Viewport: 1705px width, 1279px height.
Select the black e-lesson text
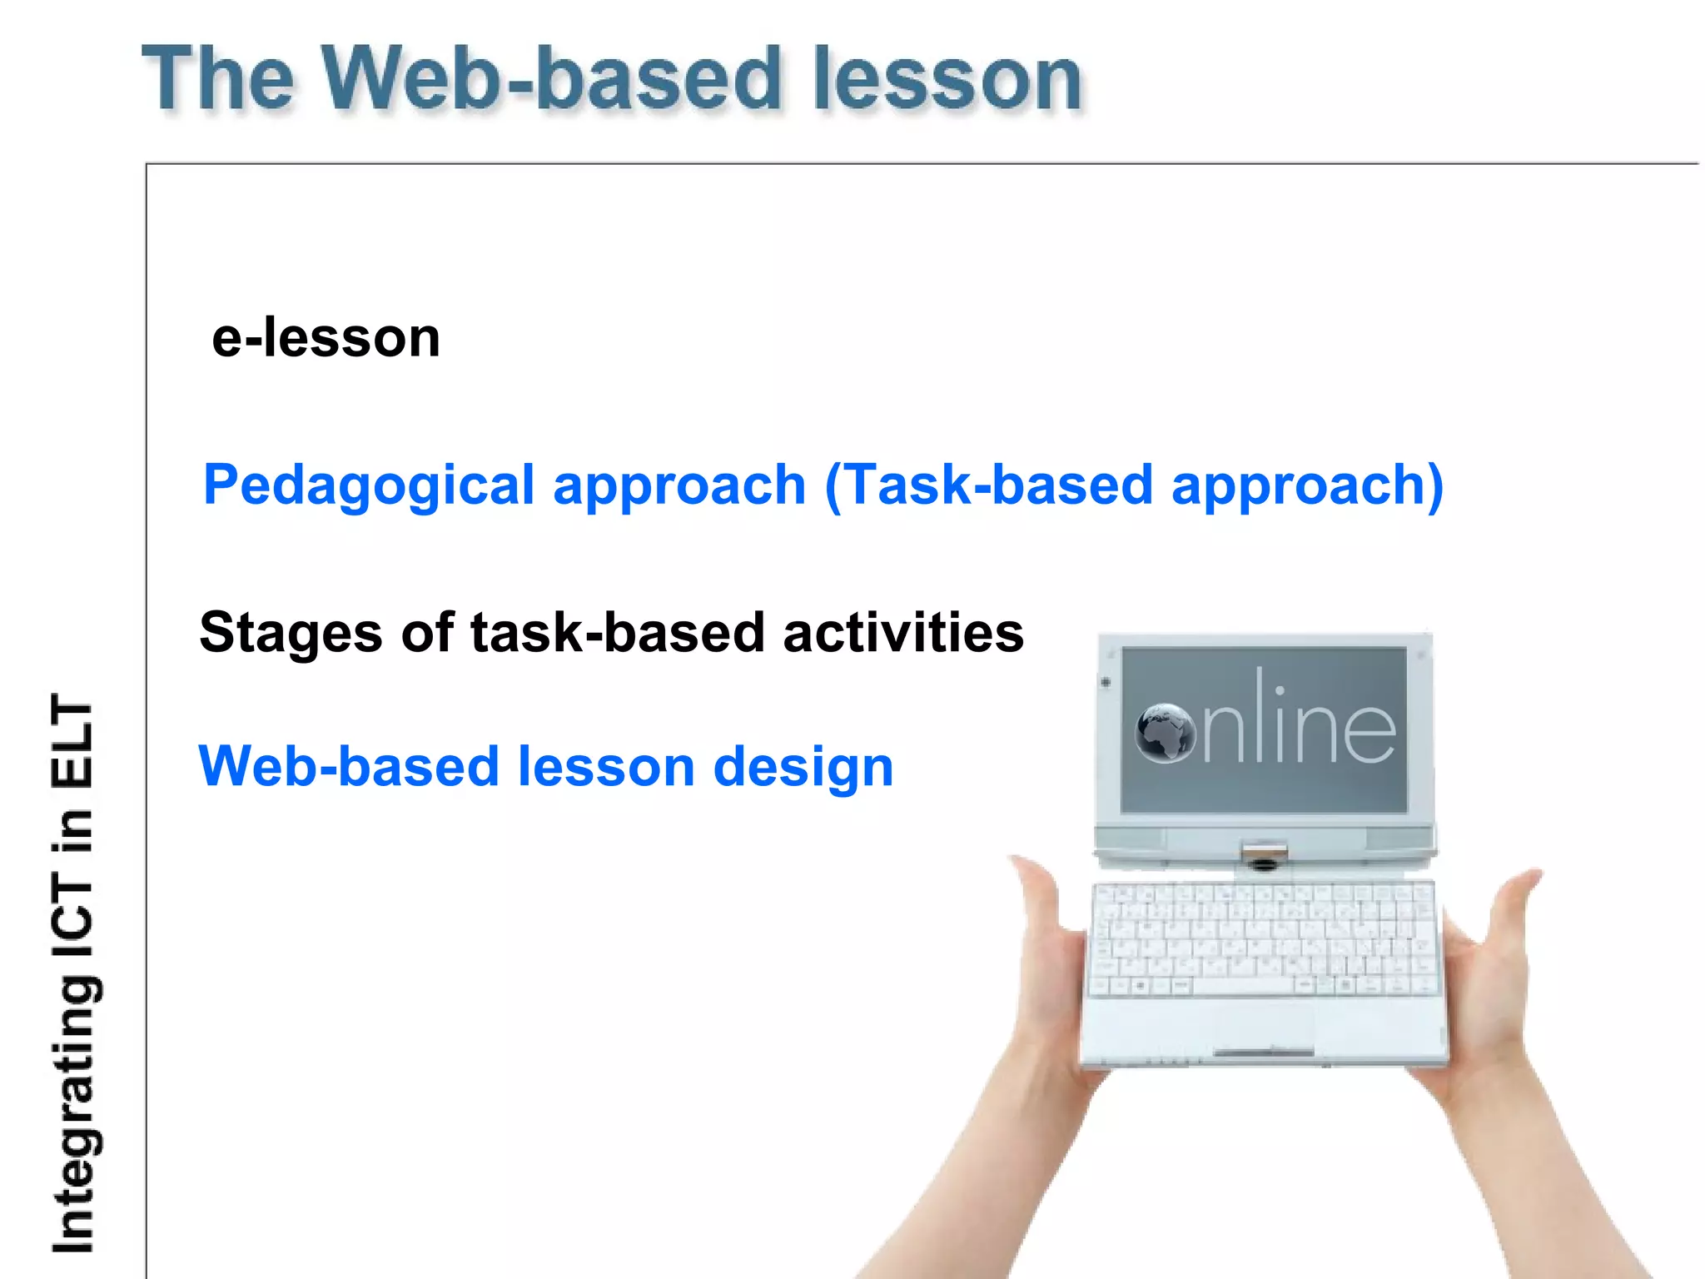(x=326, y=338)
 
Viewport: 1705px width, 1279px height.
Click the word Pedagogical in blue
(x=368, y=485)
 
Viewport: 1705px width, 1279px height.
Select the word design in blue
(x=803, y=767)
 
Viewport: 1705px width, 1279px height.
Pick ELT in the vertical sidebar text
(x=73, y=741)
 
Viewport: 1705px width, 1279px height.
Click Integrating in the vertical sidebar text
(x=73, y=1120)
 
